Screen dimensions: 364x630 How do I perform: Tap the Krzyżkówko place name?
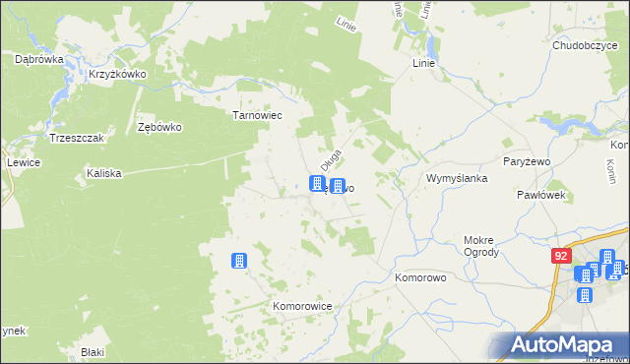tap(117, 74)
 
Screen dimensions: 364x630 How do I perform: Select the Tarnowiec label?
tap(257, 115)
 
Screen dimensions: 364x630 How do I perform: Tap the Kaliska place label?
tap(103, 173)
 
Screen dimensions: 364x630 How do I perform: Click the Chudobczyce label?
tap(584, 44)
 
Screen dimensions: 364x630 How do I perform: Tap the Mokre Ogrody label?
tap(481, 245)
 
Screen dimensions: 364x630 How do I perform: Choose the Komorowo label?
tap(421, 278)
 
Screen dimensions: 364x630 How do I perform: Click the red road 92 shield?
tap(561, 256)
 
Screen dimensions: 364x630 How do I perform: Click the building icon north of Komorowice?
tap(238, 261)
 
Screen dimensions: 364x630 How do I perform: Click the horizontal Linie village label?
tap(423, 63)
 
